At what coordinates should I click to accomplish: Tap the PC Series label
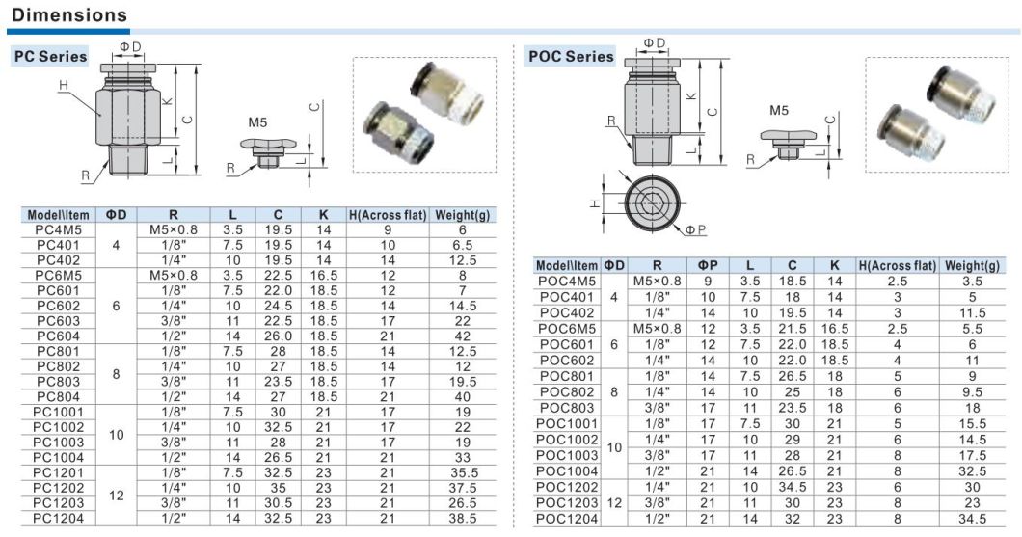point(50,56)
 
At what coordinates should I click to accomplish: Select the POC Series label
point(571,56)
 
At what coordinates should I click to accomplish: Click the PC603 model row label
point(58,321)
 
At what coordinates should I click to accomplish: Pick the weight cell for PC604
point(463,336)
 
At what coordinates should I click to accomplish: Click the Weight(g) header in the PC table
point(463,214)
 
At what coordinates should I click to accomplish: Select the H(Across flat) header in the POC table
point(898,265)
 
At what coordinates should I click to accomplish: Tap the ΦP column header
point(708,265)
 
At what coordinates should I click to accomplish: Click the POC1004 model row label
point(568,470)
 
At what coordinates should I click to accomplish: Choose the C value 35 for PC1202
point(278,488)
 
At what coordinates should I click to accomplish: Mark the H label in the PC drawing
point(64,86)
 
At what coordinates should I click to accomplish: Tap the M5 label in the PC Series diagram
point(257,122)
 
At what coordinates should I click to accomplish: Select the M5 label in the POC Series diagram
point(779,111)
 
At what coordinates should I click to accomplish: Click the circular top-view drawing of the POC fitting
point(652,203)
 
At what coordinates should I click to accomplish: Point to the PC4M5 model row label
point(58,230)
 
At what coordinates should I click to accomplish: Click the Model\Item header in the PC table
point(58,214)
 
